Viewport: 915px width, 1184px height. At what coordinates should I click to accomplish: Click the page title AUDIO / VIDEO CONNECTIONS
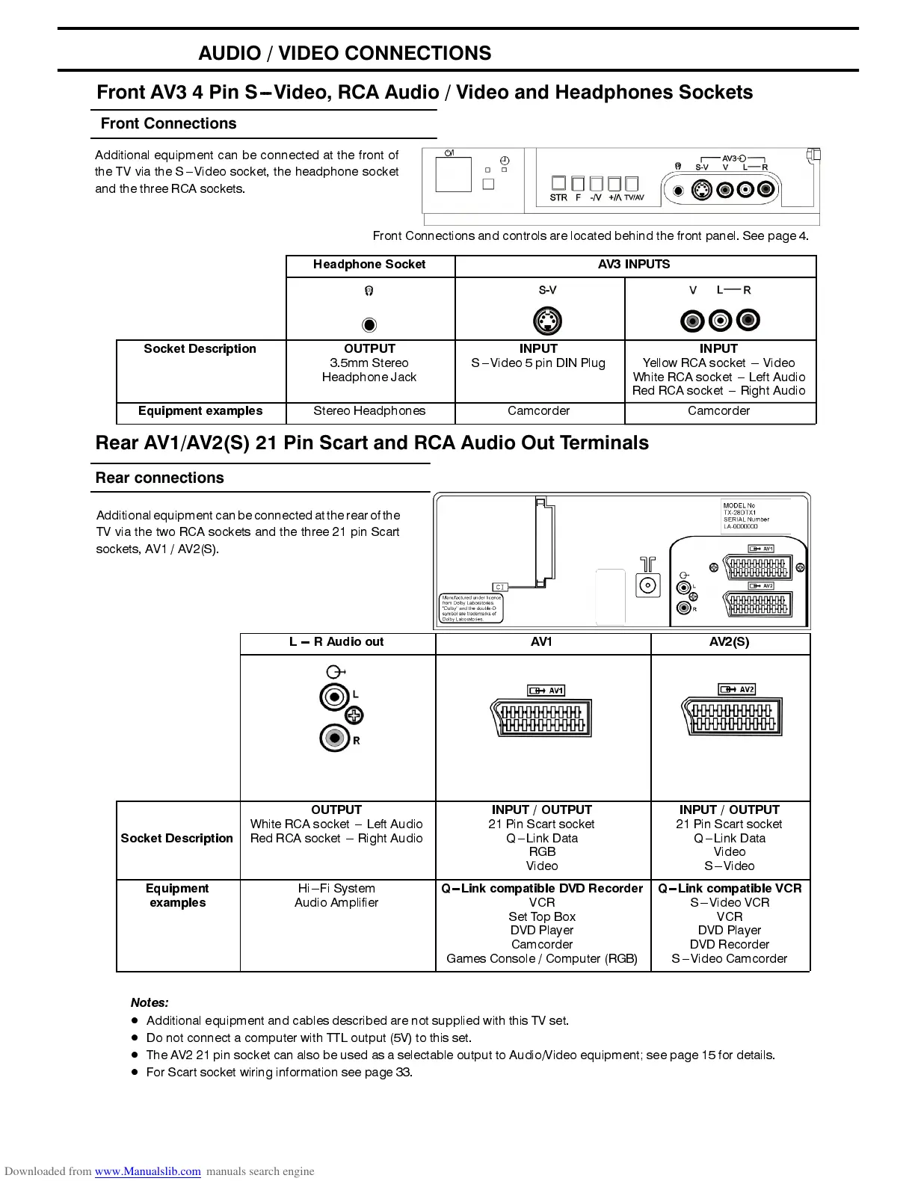345,53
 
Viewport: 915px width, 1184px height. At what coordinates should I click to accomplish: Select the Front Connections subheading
168,124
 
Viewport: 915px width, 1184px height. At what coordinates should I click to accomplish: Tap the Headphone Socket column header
369,265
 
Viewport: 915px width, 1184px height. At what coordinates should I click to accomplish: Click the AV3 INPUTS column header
634,265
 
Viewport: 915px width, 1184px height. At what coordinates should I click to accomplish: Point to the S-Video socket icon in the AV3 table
547,321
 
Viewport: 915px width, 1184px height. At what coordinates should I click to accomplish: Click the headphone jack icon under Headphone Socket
369,325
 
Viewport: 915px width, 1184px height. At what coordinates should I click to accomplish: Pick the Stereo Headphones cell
369,411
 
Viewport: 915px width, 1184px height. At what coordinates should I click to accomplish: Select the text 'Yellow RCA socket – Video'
718,363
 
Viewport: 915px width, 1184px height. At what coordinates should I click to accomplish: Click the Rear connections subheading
159,478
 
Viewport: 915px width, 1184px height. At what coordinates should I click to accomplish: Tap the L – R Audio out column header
336,642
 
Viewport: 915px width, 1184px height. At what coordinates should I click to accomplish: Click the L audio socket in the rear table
334,697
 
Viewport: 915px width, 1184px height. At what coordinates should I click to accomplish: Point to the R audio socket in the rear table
334,739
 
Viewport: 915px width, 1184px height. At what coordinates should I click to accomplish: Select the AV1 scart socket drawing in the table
541,718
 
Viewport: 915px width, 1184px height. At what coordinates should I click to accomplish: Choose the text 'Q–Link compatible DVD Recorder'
542,889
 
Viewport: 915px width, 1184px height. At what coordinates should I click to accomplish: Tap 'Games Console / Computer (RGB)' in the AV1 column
542,959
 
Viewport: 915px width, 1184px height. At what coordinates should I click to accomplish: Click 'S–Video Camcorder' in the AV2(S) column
730,959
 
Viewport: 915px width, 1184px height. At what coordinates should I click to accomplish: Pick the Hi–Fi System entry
336,889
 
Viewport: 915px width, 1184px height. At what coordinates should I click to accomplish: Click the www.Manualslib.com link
147,1171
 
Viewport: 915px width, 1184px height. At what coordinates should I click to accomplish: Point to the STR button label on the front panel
558,198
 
